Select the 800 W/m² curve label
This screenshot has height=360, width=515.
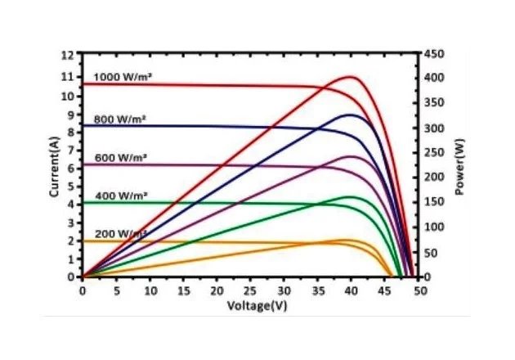[x=120, y=119]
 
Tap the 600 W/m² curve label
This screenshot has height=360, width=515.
[x=120, y=157]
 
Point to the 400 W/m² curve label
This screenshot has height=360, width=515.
[x=120, y=196]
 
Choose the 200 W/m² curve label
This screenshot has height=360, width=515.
[x=120, y=233]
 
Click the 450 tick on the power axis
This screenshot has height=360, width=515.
[x=432, y=55]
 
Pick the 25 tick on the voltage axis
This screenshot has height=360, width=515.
[x=250, y=289]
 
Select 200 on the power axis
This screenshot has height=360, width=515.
[x=432, y=178]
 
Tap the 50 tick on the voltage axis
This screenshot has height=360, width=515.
[x=419, y=289]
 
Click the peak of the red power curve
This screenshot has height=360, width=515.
[x=352, y=77]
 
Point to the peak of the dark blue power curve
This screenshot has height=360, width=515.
[x=352, y=115]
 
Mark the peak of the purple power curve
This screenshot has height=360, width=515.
[x=352, y=155]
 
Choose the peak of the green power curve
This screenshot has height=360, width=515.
[x=352, y=196]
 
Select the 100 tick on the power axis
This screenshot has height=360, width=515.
[x=432, y=227]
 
